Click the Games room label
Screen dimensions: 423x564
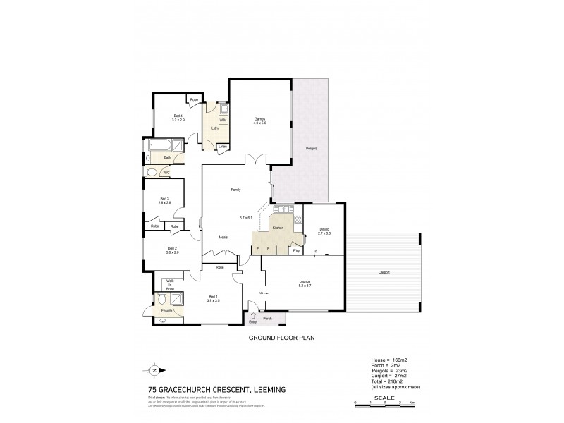(x=259, y=120)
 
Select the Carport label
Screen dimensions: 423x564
(x=384, y=272)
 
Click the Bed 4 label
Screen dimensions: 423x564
(x=178, y=117)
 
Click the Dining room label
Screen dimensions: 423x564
(x=324, y=228)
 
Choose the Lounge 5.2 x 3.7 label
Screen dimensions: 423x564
(x=303, y=283)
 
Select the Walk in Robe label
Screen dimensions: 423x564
(x=170, y=285)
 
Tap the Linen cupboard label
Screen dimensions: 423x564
(x=223, y=147)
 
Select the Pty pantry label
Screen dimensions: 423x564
(x=296, y=250)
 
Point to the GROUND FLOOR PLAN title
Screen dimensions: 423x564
(x=282, y=338)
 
